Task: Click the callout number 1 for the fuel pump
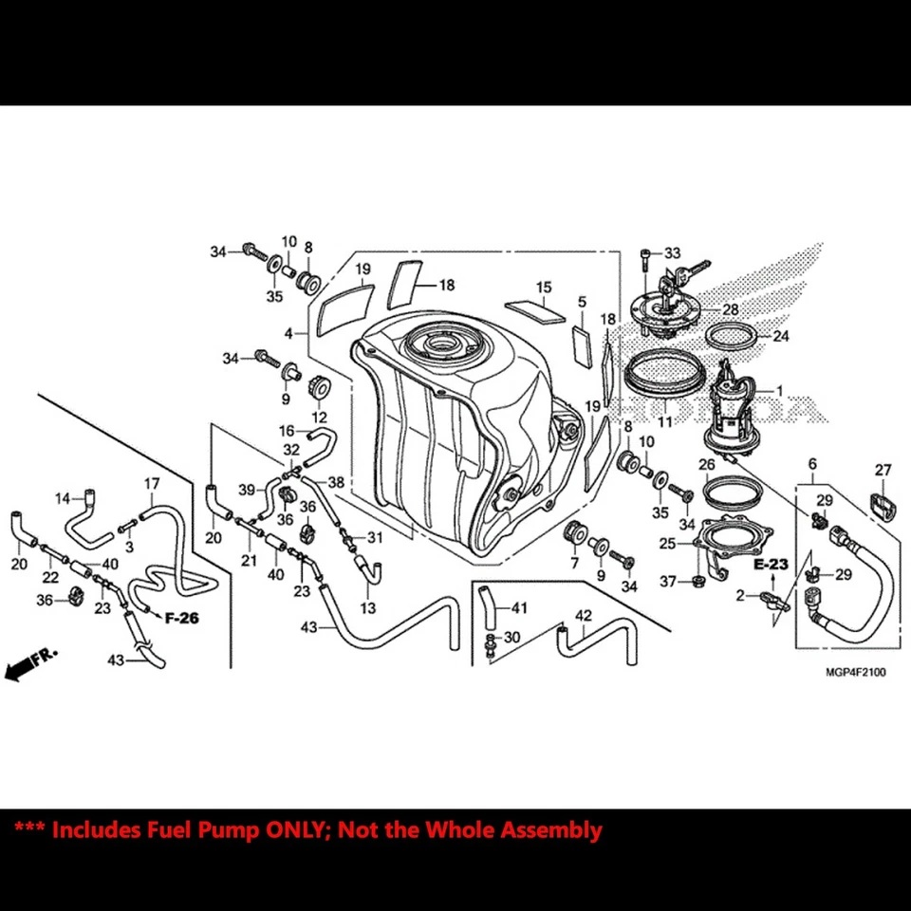780,390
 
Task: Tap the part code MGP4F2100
854,673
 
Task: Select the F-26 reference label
181,618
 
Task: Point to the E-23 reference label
772,564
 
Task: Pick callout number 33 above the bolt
673,253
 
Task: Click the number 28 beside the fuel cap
730,310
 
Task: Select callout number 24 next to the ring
780,336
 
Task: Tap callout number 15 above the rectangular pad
543,287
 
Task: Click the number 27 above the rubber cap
883,470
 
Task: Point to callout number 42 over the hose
583,615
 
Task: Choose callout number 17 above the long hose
152,484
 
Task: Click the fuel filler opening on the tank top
442,342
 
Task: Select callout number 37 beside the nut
667,581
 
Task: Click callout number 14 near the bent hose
63,498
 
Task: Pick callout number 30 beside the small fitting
512,638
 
